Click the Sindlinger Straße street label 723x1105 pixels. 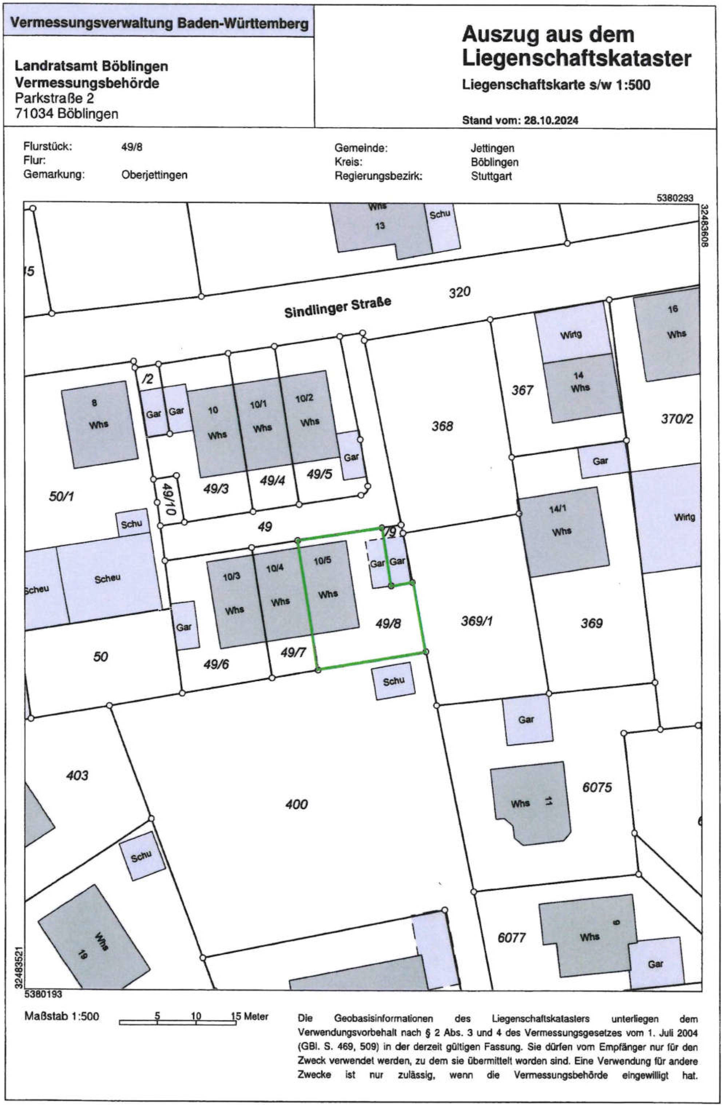pyautogui.click(x=338, y=307)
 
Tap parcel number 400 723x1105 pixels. pyautogui.click(x=296, y=804)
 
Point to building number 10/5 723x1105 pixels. pyautogui.click(x=322, y=560)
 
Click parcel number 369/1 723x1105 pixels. pyautogui.click(x=476, y=621)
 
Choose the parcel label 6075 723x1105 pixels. pyautogui.click(x=597, y=787)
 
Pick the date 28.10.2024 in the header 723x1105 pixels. pyautogui.click(x=551, y=120)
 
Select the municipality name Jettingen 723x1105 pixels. pyautogui.click(x=492, y=148)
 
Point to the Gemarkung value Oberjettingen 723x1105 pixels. pyautogui.click(x=154, y=175)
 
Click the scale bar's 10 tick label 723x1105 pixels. pyautogui.click(x=196, y=1016)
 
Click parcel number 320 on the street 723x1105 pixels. pyautogui.click(x=459, y=293)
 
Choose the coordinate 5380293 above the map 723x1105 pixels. pyautogui.click(x=675, y=198)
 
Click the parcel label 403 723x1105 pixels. pyautogui.click(x=77, y=775)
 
